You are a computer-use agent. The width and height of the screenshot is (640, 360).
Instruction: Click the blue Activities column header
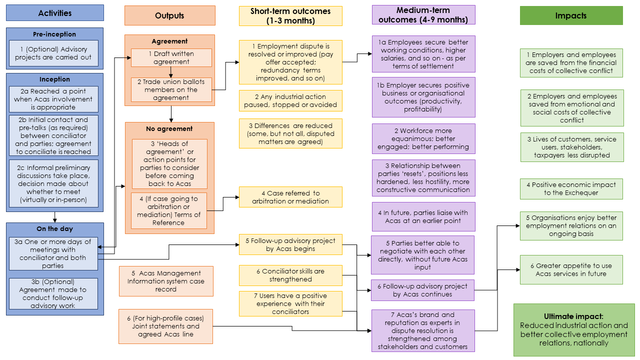point(55,13)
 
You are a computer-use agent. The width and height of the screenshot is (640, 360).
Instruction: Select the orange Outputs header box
point(169,15)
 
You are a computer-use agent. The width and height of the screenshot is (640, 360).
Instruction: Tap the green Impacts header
point(571,15)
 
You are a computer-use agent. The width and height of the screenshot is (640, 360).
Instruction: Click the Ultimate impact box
point(573,329)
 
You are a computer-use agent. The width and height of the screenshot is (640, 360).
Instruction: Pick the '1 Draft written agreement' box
point(171,57)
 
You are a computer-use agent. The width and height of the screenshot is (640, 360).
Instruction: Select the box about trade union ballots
point(171,90)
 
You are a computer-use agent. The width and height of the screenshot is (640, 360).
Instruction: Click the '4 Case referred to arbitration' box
point(290,197)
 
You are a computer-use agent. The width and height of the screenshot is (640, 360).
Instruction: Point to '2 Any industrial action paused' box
point(290,100)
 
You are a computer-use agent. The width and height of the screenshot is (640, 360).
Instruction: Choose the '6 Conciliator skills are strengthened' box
point(290,275)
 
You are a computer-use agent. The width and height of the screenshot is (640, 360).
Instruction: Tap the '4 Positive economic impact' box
point(571,188)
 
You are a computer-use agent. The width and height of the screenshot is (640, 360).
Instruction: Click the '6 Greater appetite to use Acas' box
point(571,269)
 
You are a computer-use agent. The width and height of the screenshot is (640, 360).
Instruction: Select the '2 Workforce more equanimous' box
point(423,139)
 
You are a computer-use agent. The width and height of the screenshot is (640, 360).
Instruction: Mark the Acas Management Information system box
point(166,281)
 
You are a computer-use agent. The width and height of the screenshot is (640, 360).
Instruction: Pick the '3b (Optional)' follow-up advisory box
point(54,293)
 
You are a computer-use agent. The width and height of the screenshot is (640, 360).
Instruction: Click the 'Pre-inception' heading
point(54,34)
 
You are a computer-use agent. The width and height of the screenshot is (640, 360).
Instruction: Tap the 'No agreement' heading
point(169,129)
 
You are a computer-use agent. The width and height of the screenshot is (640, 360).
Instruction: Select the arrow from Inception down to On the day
point(54,216)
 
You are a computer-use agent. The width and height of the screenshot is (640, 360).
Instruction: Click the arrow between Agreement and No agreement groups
point(171,114)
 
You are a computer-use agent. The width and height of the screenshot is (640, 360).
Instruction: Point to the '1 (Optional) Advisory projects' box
point(54,53)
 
